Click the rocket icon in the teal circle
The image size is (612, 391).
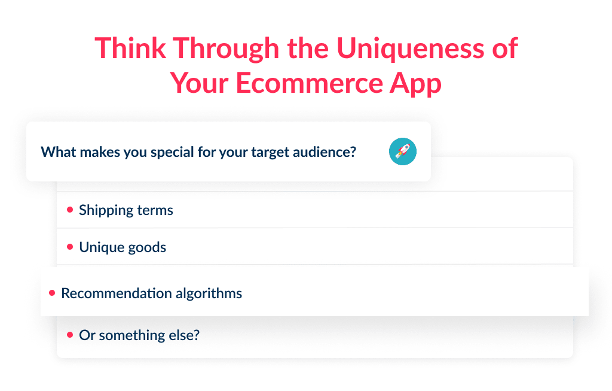402,151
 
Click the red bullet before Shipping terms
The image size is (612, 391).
70,210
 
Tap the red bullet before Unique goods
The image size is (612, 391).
70,247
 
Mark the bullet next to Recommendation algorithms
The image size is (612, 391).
52,293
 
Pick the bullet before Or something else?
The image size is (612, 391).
70,335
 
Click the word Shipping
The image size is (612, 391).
105,210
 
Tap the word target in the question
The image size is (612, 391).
272,152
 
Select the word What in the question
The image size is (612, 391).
55,152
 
